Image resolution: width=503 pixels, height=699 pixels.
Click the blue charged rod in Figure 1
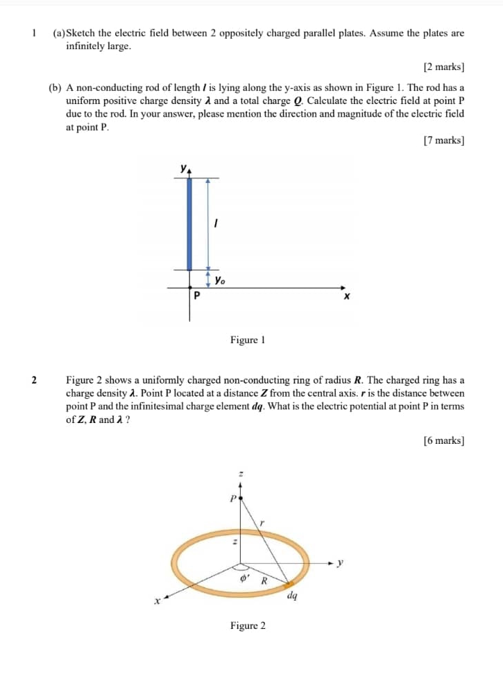(189, 223)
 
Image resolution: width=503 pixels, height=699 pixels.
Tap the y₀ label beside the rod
(220, 281)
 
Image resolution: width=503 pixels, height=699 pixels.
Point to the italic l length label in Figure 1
(217, 224)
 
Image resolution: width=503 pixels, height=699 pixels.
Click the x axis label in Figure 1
(347, 297)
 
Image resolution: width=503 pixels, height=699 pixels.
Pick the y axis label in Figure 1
(183, 168)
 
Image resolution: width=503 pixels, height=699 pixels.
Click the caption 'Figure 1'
(248, 340)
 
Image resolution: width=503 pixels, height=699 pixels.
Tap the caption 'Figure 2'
(248, 626)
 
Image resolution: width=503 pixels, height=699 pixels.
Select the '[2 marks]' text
(443, 67)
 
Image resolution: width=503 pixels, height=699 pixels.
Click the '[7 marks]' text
(443, 141)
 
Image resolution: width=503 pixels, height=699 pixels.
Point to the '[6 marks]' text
(443, 440)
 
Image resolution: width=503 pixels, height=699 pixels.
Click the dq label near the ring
(292, 594)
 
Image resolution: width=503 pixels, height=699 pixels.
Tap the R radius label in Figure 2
(264, 580)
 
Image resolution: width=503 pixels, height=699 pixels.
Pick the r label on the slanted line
(262, 521)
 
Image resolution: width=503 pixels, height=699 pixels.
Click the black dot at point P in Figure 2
(240, 497)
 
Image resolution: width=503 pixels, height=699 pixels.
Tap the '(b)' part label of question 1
(56, 88)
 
